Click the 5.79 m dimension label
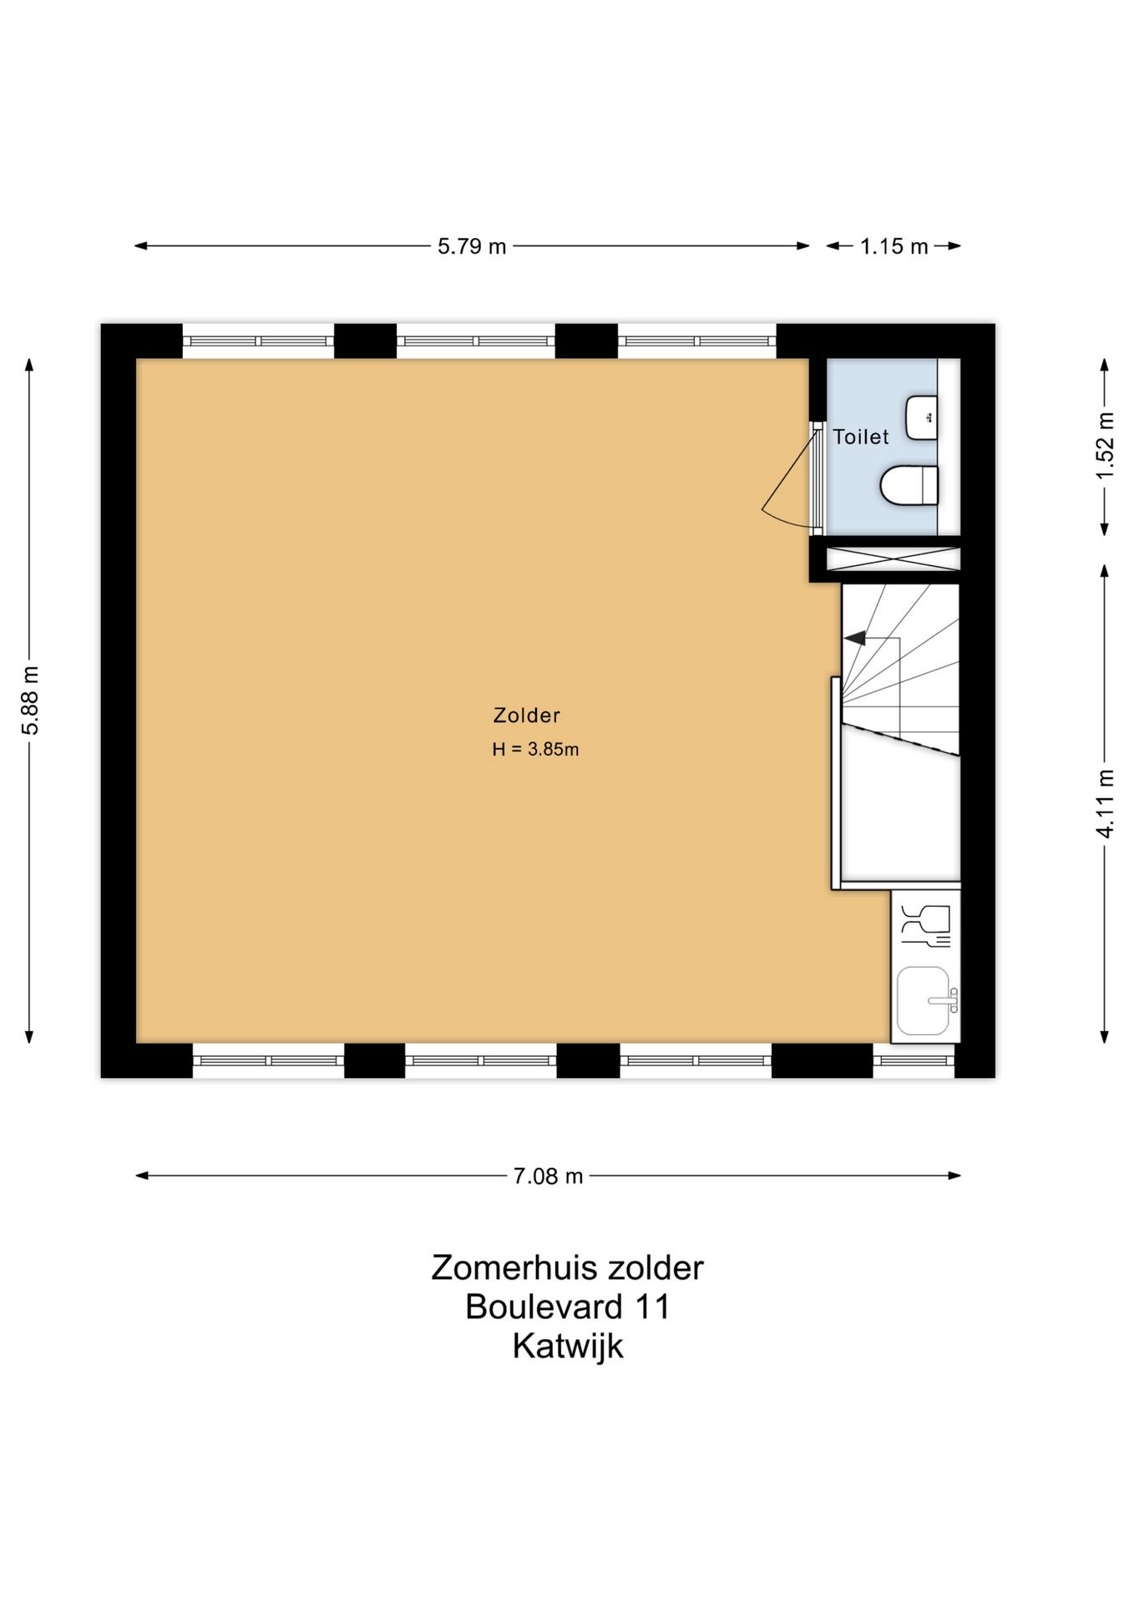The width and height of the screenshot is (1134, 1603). pyautogui.click(x=472, y=246)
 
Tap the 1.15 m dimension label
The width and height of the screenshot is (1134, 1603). pyautogui.click(x=894, y=246)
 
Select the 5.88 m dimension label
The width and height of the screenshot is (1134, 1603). pyautogui.click(x=30, y=700)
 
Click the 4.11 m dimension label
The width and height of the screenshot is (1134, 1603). pyautogui.click(x=1105, y=803)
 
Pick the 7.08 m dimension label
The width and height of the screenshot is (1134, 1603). pyautogui.click(x=548, y=1176)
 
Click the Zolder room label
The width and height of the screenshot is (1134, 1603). pyautogui.click(x=526, y=716)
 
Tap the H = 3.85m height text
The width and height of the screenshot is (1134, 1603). pyautogui.click(x=535, y=750)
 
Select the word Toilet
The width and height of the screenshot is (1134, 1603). pyautogui.click(x=861, y=437)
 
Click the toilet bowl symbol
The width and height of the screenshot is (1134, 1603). pyautogui.click(x=909, y=485)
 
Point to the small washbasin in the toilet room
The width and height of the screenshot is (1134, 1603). pyautogui.click(x=922, y=417)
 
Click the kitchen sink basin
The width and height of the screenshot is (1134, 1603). pyautogui.click(x=923, y=1000)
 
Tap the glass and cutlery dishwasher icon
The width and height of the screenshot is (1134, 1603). pyautogui.click(x=925, y=925)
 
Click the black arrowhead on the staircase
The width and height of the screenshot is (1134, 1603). pyautogui.click(x=854, y=639)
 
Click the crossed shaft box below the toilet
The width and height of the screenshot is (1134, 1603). pyautogui.click(x=893, y=559)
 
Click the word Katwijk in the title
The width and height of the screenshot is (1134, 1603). pyautogui.click(x=568, y=1346)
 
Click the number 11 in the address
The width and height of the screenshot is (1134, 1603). pyautogui.click(x=651, y=1307)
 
